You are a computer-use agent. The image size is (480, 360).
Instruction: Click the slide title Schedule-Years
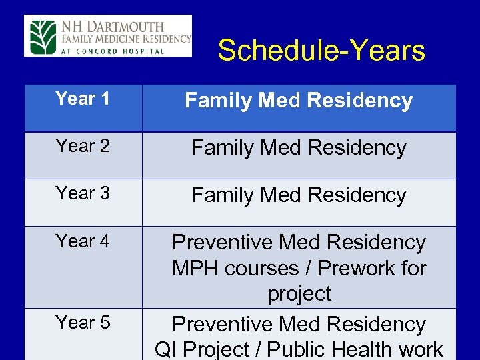tap(321, 51)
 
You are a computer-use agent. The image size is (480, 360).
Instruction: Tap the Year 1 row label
tap(83, 99)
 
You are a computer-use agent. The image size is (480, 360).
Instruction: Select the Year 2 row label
tap(83, 146)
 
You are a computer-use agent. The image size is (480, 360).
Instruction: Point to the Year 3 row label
tap(83, 193)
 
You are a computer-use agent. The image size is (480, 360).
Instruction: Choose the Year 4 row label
tap(83, 241)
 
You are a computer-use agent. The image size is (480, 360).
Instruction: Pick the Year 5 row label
tap(83, 323)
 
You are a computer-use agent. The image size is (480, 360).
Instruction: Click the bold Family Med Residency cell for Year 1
tap(299, 101)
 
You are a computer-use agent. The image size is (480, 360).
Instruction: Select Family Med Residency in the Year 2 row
tap(299, 148)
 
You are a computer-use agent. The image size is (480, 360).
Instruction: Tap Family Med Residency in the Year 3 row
tap(299, 195)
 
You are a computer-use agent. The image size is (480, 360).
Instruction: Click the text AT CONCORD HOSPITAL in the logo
tap(113, 51)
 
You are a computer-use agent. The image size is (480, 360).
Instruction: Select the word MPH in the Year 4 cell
tap(194, 269)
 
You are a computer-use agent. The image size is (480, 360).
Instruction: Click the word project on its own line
tap(299, 294)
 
